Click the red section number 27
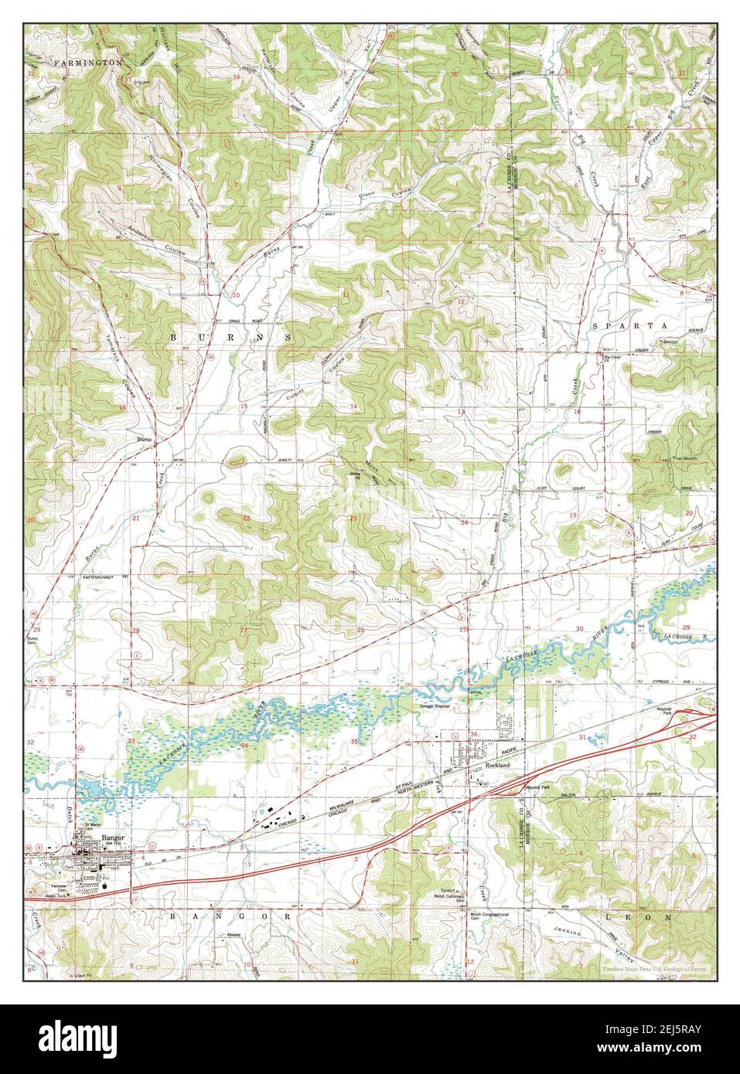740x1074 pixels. (244, 630)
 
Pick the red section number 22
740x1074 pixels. (246, 518)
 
